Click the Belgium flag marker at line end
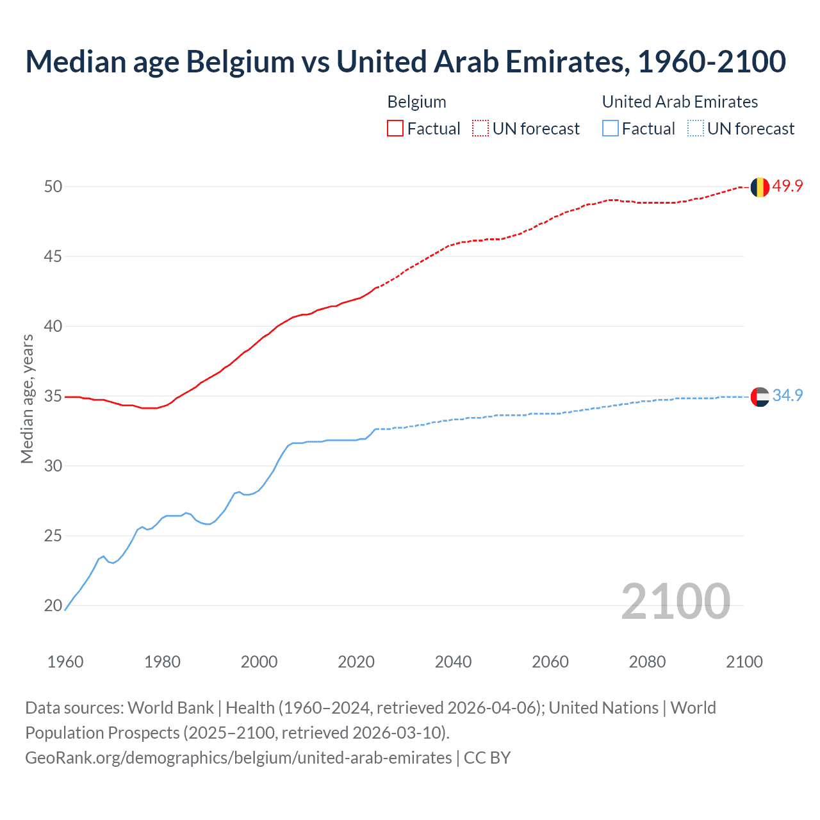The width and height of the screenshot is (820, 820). click(760, 187)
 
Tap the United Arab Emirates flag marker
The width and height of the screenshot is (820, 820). click(760, 397)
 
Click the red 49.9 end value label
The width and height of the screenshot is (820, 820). click(787, 186)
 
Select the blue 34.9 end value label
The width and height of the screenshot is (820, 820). click(787, 396)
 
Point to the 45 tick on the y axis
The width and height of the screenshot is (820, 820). click(53, 256)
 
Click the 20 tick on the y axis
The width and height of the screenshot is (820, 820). click(53, 605)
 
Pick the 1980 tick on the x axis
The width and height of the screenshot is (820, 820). click(162, 662)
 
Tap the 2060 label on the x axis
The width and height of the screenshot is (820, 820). click(550, 662)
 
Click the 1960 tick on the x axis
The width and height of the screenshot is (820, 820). click(65, 662)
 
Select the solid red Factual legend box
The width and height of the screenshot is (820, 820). click(395, 129)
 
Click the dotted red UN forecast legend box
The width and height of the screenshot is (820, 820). click(480, 129)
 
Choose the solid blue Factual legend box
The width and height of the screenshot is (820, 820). click(611, 129)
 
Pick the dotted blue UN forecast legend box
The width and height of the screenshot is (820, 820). click(696, 129)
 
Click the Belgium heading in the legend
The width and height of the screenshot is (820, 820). click(416, 102)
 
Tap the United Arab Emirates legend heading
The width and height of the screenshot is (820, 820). click(680, 102)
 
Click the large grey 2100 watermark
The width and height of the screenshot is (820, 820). click(675, 601)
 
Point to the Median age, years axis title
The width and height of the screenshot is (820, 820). click(27, 398)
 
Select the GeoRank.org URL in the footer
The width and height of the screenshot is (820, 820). click(238, 758)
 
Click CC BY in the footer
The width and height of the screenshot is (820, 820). click(487, 758)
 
